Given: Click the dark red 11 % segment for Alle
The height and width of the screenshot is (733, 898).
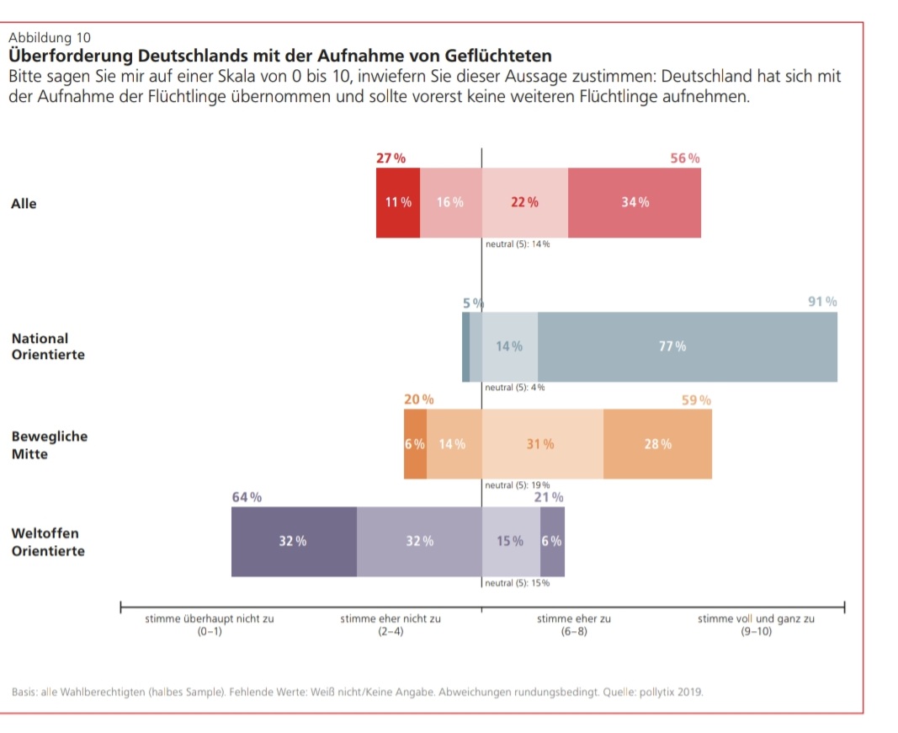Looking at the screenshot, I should click(398, 203).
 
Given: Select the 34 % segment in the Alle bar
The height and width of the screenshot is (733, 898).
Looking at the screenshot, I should click(635, 203).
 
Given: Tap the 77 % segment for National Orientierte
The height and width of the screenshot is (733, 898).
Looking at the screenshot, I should click(687, 347).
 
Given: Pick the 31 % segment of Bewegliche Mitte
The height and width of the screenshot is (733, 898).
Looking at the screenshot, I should click(542, 444).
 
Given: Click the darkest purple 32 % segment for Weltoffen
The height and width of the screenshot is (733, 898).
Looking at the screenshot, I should click(294, 542).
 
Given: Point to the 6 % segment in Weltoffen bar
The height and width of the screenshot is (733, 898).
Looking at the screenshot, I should click(552, 542).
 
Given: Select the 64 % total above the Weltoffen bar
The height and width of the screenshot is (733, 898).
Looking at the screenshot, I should click(247, 497).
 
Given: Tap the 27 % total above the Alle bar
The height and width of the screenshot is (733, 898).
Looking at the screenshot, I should click(391, 158).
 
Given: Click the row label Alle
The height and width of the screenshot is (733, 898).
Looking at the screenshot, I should click(24, 204).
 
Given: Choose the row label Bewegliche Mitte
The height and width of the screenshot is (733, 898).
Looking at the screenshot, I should click(49, 446).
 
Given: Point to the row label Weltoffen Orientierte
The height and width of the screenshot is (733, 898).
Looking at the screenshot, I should click(48, 543).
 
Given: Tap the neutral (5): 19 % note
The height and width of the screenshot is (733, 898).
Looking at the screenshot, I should click(518, 485).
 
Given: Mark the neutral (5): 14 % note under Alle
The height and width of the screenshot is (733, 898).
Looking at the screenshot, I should click(518, 244).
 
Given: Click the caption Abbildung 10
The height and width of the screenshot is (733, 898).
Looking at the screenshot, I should click(49, 38).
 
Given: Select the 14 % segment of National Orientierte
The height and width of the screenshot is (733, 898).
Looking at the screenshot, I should click(509, 347).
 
